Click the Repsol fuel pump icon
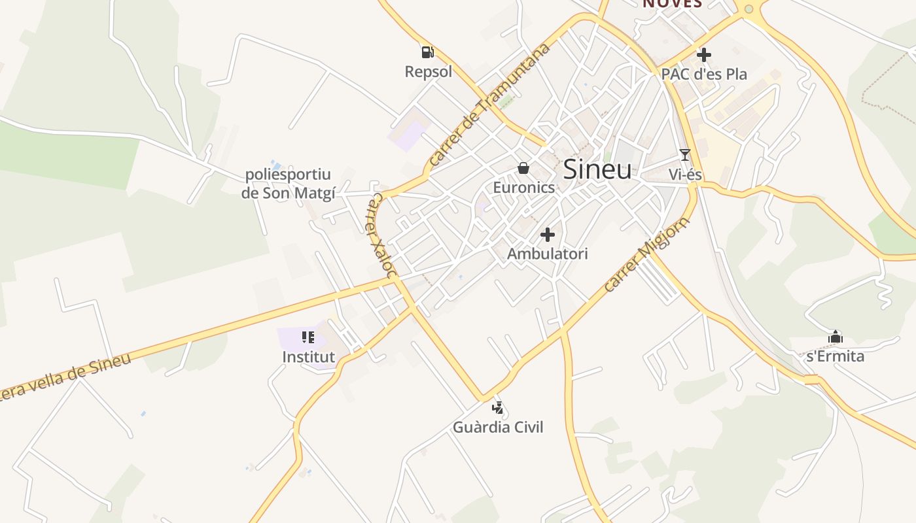pos(427,52)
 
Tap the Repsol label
pos(429,71)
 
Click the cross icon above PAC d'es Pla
pos(704,55)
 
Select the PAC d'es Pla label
pos(704,74)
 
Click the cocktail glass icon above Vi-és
pos(685,155)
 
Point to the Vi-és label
pos(685,175)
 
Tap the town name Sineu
pos(597,169)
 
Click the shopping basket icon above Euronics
pos(523,169)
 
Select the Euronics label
pos(523,188)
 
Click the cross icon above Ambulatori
pos(548,235)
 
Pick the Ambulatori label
pos(548,254)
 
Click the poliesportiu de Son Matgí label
pos(288,184)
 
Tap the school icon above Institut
pos(308,337)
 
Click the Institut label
pos(308,357)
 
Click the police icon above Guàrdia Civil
pos(499,408)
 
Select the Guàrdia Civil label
pos(499,428)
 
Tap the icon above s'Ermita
pos(836,337)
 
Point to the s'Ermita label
pos(836,356)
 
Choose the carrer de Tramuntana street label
pos(491,104)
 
